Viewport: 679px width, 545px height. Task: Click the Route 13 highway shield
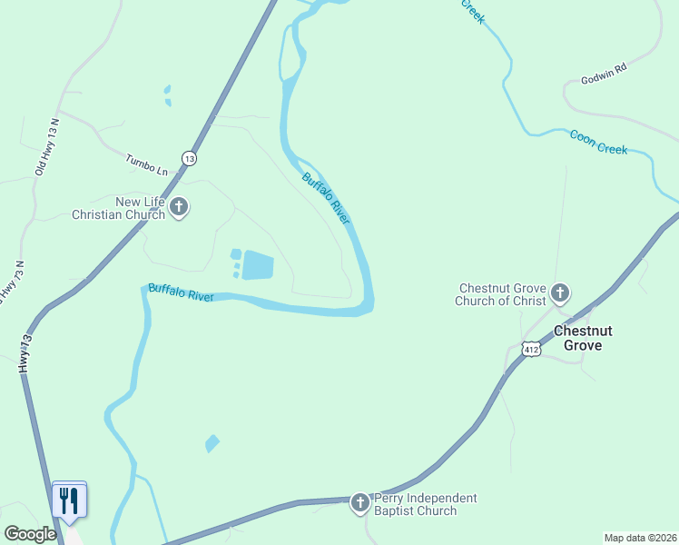tap(189, 158)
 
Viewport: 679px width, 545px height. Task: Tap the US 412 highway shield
tap(532, 348)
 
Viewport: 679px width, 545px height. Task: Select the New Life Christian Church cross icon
tap(179, 207)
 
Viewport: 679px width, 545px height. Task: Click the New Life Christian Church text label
tap(120, 208)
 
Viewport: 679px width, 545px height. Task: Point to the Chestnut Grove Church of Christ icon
tap(560, 292)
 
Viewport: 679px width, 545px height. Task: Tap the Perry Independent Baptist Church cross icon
tap(359, 502)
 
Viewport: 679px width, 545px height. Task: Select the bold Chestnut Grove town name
tap(595, 338)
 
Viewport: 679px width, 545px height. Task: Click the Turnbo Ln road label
tap(147, 164)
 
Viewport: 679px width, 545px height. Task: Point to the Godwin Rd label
tap(605, 73)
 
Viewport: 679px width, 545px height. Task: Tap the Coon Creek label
tap(598, 142)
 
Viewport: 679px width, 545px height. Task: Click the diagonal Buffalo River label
tap(326, 199)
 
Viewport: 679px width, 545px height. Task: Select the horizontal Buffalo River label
tap(180, 292)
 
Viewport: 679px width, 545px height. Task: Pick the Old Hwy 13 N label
tap(46, 147)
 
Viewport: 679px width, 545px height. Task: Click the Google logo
tap(30, 534)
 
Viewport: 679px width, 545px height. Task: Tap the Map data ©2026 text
tap(640, 538)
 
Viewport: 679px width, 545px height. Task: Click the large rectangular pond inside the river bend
tap(258, 265)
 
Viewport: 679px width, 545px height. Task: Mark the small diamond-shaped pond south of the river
tap(212, 443)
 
